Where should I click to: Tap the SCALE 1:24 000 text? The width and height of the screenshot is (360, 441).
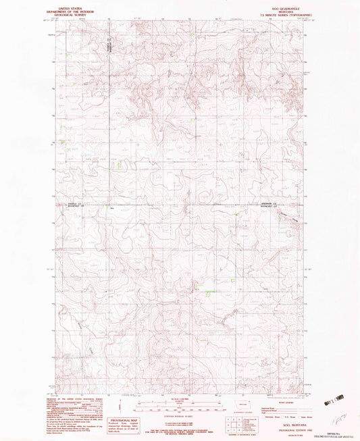click(x=179, y=397)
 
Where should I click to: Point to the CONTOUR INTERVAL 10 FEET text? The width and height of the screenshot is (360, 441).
click(x=179, y=413)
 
